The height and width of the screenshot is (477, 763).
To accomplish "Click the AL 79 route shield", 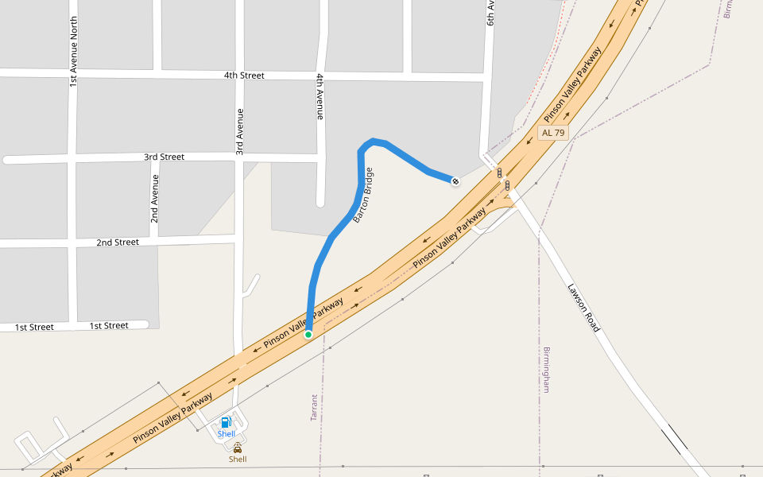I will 553,133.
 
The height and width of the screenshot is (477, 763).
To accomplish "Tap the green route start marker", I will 308,335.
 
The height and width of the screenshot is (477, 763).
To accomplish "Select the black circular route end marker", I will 455,181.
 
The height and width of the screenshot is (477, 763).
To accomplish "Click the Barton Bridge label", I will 363,195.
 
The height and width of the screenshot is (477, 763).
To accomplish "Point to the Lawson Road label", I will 583,308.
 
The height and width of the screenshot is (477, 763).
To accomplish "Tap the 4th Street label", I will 243,76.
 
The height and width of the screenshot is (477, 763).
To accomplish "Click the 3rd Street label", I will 164,157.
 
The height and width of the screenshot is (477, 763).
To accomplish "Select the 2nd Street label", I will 118,242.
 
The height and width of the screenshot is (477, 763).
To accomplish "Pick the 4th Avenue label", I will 320,96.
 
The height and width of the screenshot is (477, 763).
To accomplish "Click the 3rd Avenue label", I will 238,131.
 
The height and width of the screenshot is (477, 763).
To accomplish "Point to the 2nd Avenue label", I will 156,198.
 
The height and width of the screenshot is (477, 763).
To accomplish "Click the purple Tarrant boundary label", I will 314,407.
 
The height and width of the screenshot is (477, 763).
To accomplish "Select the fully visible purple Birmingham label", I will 546,370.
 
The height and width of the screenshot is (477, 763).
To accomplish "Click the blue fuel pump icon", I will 227,422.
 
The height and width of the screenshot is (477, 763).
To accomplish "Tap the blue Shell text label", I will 227,434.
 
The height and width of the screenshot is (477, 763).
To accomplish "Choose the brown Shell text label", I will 238,459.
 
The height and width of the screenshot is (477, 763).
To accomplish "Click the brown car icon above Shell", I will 238,448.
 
